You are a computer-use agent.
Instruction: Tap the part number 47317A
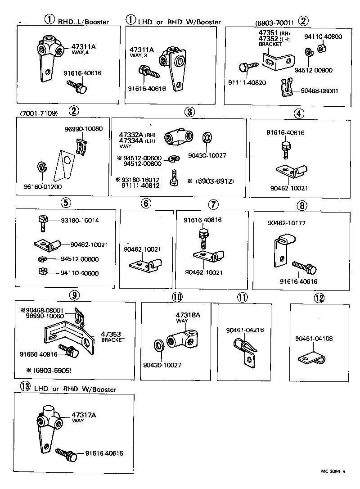click(84, 415)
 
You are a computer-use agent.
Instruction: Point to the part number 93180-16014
click(80, 221)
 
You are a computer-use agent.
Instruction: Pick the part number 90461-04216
click(245, 330)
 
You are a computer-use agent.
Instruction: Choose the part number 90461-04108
click(314, 338)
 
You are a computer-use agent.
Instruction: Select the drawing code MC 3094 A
click(333, 471)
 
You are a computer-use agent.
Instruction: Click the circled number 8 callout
click(301, 205)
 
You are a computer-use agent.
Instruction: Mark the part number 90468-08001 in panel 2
click(319, 91)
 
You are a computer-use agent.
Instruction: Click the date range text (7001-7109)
click(39, 113)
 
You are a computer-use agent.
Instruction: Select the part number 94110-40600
click(80, 273)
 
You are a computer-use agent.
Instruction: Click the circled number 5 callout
click(66, 203)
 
